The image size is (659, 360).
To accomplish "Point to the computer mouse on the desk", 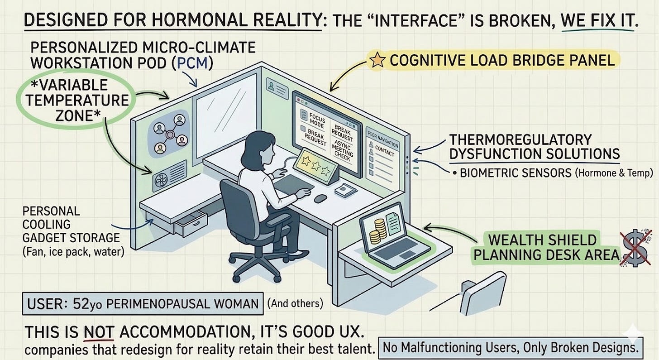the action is click(x=320, y=198).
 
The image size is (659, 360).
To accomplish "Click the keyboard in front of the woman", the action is click(x=295, y=182).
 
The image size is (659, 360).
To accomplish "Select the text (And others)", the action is click(x=295, y=303).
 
